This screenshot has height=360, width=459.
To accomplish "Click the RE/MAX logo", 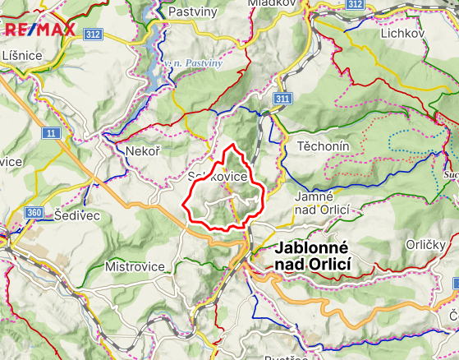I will click(x=39, y=31).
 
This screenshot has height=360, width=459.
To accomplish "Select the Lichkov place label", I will click(x=400, y=33).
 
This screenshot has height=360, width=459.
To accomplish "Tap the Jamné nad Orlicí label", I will click(x=322, y=204).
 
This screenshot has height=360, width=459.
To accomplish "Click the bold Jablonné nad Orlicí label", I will click(x=314, y=255).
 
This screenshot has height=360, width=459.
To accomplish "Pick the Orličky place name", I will click(x=426, y=245).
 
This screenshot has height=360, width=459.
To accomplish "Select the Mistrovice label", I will click(x=135, y=266).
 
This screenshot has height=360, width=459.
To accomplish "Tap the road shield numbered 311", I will click(x=283, y=99).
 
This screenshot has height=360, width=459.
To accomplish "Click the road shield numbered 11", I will click(x=52, y=132).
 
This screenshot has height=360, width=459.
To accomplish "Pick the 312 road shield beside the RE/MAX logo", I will click(x=92, y=34).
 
